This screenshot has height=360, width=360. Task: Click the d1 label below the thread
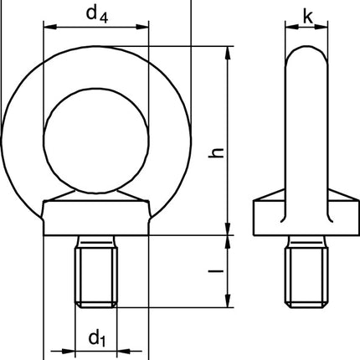(x=96, y=338)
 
